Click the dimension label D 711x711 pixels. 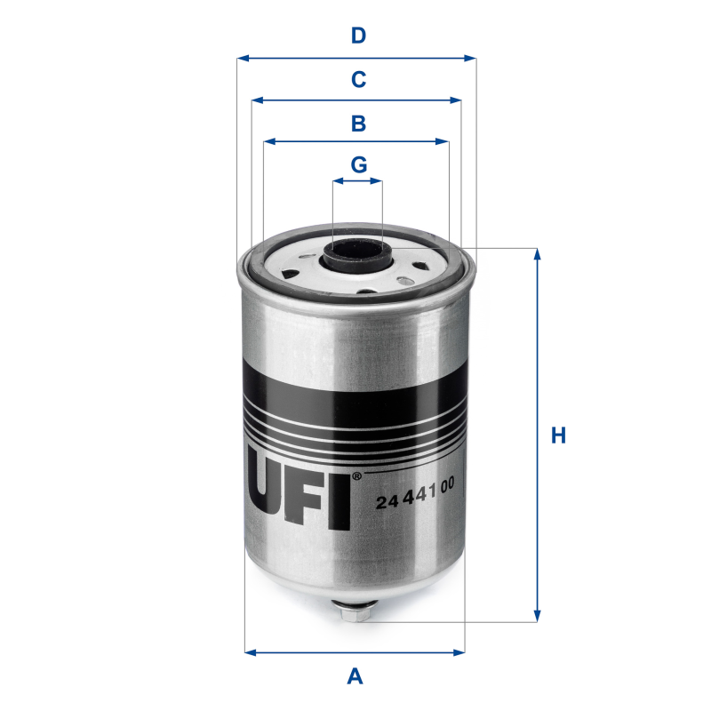click(358, 36)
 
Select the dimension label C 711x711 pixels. click(358, 80)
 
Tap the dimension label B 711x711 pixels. click(358, 124)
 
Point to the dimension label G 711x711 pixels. click(358, 165)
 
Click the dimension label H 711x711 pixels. click(558, 435)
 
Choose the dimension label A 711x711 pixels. click(355, 677)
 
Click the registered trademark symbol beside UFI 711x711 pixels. click(356, 477)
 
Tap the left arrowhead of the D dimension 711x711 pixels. click(242, 59)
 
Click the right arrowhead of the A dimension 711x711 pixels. click(459, 652)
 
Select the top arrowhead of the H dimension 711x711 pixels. click(537, 253)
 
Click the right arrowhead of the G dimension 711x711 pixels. click(379, 181)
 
